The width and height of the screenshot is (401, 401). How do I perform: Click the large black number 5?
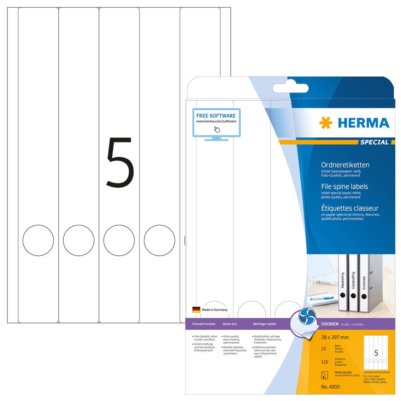[120, 163]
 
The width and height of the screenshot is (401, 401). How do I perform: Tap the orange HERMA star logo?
[325, 123]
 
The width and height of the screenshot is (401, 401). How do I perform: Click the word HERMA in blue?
[363, 123]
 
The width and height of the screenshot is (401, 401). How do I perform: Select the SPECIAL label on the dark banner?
[374, 142]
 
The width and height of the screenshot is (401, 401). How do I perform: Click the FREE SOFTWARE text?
[216, 116]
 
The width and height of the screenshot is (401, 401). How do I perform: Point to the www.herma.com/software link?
[216, 122]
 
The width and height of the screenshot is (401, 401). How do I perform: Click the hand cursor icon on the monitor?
[217, 129]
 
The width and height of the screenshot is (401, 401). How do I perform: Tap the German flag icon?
[196, 310]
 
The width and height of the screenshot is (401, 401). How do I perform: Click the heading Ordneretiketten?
[345, 165]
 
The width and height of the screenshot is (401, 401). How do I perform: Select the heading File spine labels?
[344, 187]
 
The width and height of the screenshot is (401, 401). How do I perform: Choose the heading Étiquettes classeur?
[349, 208]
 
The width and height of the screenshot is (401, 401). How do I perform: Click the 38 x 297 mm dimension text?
[335, 337]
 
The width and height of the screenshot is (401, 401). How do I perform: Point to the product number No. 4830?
[330, 387]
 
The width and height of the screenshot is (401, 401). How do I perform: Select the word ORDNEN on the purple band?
[330, 324]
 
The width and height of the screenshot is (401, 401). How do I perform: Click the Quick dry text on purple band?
[230, 324]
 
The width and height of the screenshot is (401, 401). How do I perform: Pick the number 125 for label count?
[325, 362]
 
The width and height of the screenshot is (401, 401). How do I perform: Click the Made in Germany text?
[214, 310]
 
